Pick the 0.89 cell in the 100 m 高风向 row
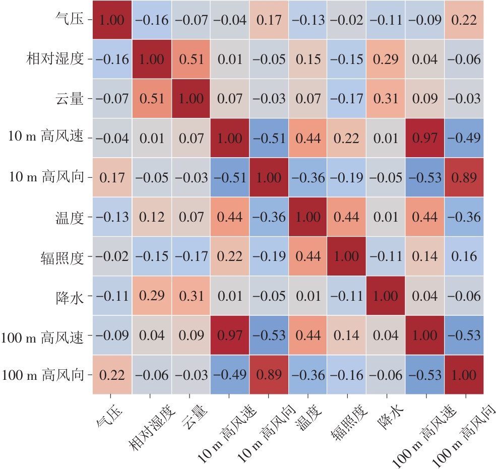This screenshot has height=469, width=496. point(269,375)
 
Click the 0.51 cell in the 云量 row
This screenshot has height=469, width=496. point(151,99)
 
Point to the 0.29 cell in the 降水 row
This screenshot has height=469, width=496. point(151,296)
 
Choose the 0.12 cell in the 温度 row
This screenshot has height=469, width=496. point(151,217)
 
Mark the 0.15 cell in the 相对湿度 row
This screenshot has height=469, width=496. point(308,59)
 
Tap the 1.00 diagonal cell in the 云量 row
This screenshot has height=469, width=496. point(191,99)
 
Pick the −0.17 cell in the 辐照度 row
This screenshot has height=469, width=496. point(191,256)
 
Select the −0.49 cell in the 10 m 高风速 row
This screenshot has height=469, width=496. point(464,138)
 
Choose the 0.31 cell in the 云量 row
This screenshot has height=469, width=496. point(386,99)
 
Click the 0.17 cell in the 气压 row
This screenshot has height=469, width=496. point(269,20)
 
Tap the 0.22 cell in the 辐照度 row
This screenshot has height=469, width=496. point(229,256)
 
